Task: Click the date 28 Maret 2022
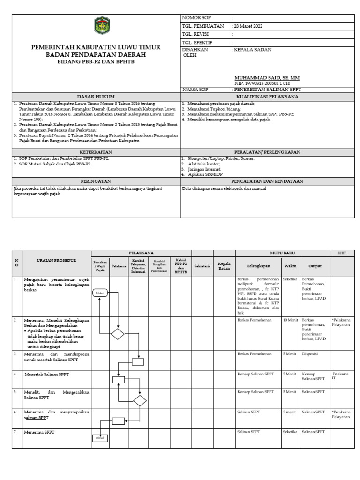pyautogui.click(x=248, y=26)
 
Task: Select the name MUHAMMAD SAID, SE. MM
pyautogui.click(x=267, y=77)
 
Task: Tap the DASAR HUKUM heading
pyautogui.click(x=96, y=97)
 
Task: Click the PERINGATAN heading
pyautogui.click(x=96, y=181)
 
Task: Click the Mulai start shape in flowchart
pyautogui.click(x=100, y=293)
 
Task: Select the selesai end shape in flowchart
pyautogui.click(x=100, y=438)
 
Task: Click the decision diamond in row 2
pyautogui.click(x=117, y=334)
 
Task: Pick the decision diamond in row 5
pyautogui.click(x=139, y=401)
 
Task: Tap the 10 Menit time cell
pyautogui.click(x=290, y=320)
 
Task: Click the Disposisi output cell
pyautogui.click(x=311, y=354)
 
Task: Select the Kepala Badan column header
pyautogui.click(x=224, y=266)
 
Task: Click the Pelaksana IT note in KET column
pyautogui.click(x=340, y=376)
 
